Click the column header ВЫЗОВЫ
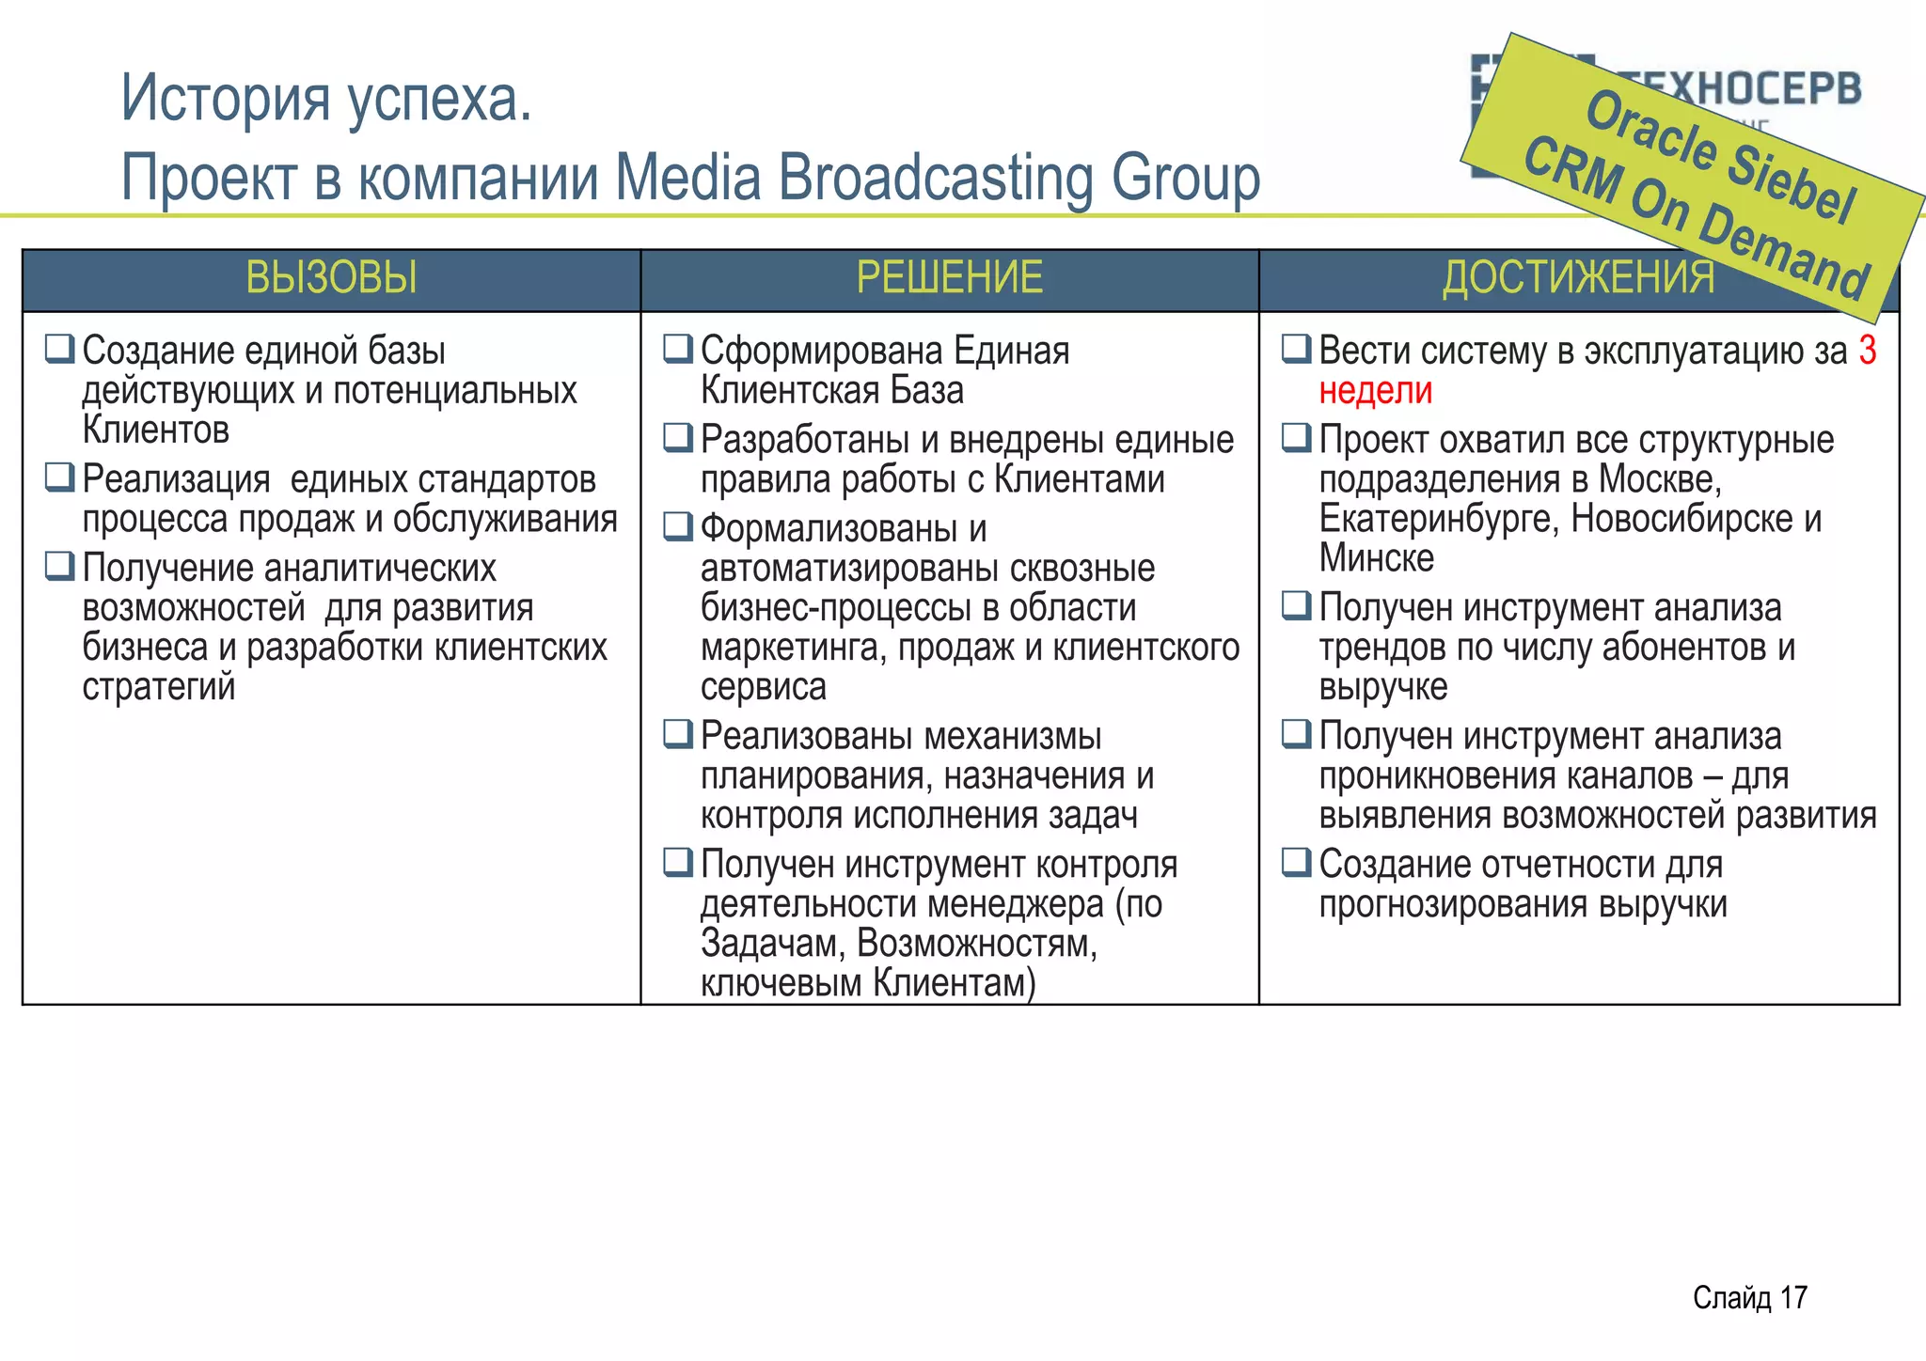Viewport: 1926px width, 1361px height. point(331,278)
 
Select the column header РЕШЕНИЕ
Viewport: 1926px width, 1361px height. point(949,278)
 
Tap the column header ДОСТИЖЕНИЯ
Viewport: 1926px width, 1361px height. point(1578,278)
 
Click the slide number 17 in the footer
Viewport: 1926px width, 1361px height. point(1792,1298)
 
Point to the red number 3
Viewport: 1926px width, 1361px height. point(1868,351)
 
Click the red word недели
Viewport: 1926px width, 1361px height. point(1375,391)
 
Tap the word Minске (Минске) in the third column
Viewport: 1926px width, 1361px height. point(1376,558)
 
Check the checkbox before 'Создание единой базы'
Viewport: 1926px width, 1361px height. point(59,349)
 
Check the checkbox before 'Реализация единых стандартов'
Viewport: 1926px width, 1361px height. point(59,477)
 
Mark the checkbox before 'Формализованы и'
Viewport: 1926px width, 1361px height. point(677,526)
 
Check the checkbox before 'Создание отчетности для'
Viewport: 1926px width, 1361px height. point(1296,862)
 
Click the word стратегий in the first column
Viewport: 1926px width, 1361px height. point(158,687)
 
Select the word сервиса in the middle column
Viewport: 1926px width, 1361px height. point(763,687)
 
